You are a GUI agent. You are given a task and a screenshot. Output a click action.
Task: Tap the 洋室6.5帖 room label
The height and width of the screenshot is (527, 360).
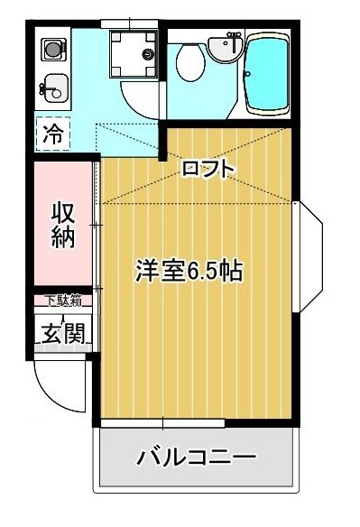pos(189,270)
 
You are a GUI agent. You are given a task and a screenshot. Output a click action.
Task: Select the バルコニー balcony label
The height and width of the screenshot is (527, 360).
pos(197,458)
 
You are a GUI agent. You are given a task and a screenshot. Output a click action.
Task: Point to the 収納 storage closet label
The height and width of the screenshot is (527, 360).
pos(61,226)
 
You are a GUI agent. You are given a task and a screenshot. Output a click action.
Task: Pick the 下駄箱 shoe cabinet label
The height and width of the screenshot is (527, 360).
pos(63,300)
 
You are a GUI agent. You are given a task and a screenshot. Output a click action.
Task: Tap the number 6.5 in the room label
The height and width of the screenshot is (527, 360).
pos(205,271)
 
